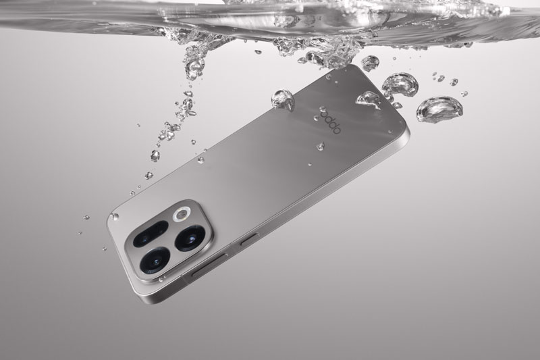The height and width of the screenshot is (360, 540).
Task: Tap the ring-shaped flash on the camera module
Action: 182,214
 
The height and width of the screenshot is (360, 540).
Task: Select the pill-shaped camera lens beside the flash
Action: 151,234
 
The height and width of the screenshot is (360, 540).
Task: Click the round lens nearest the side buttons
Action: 190,238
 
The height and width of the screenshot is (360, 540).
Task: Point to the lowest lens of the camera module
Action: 155,261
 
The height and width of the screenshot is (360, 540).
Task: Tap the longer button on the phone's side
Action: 209,265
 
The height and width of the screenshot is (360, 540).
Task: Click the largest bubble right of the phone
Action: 439,109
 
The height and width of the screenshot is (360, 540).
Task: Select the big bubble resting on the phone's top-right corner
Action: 369,99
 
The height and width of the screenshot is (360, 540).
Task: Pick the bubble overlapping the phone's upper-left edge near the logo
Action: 283,100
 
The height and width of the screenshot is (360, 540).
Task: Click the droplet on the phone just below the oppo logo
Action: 321,146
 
